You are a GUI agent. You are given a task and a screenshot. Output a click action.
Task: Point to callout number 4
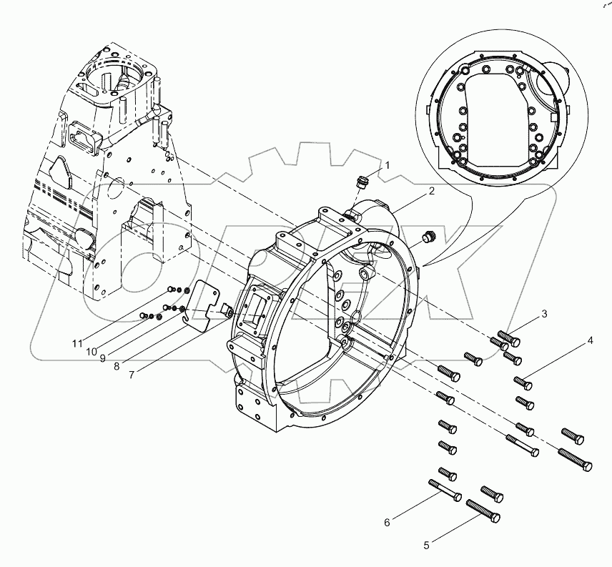[x=591, y=341]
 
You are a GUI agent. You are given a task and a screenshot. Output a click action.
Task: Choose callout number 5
[x=427, y=545]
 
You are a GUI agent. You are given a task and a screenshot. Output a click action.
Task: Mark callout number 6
[x=388, y=522]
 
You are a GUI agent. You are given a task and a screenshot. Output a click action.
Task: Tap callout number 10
[x=92, y=350]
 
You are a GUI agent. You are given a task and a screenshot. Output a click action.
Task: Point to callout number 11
[x=77, y=343]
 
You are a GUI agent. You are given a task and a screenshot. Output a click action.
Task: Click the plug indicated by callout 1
[x=361, y=182]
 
